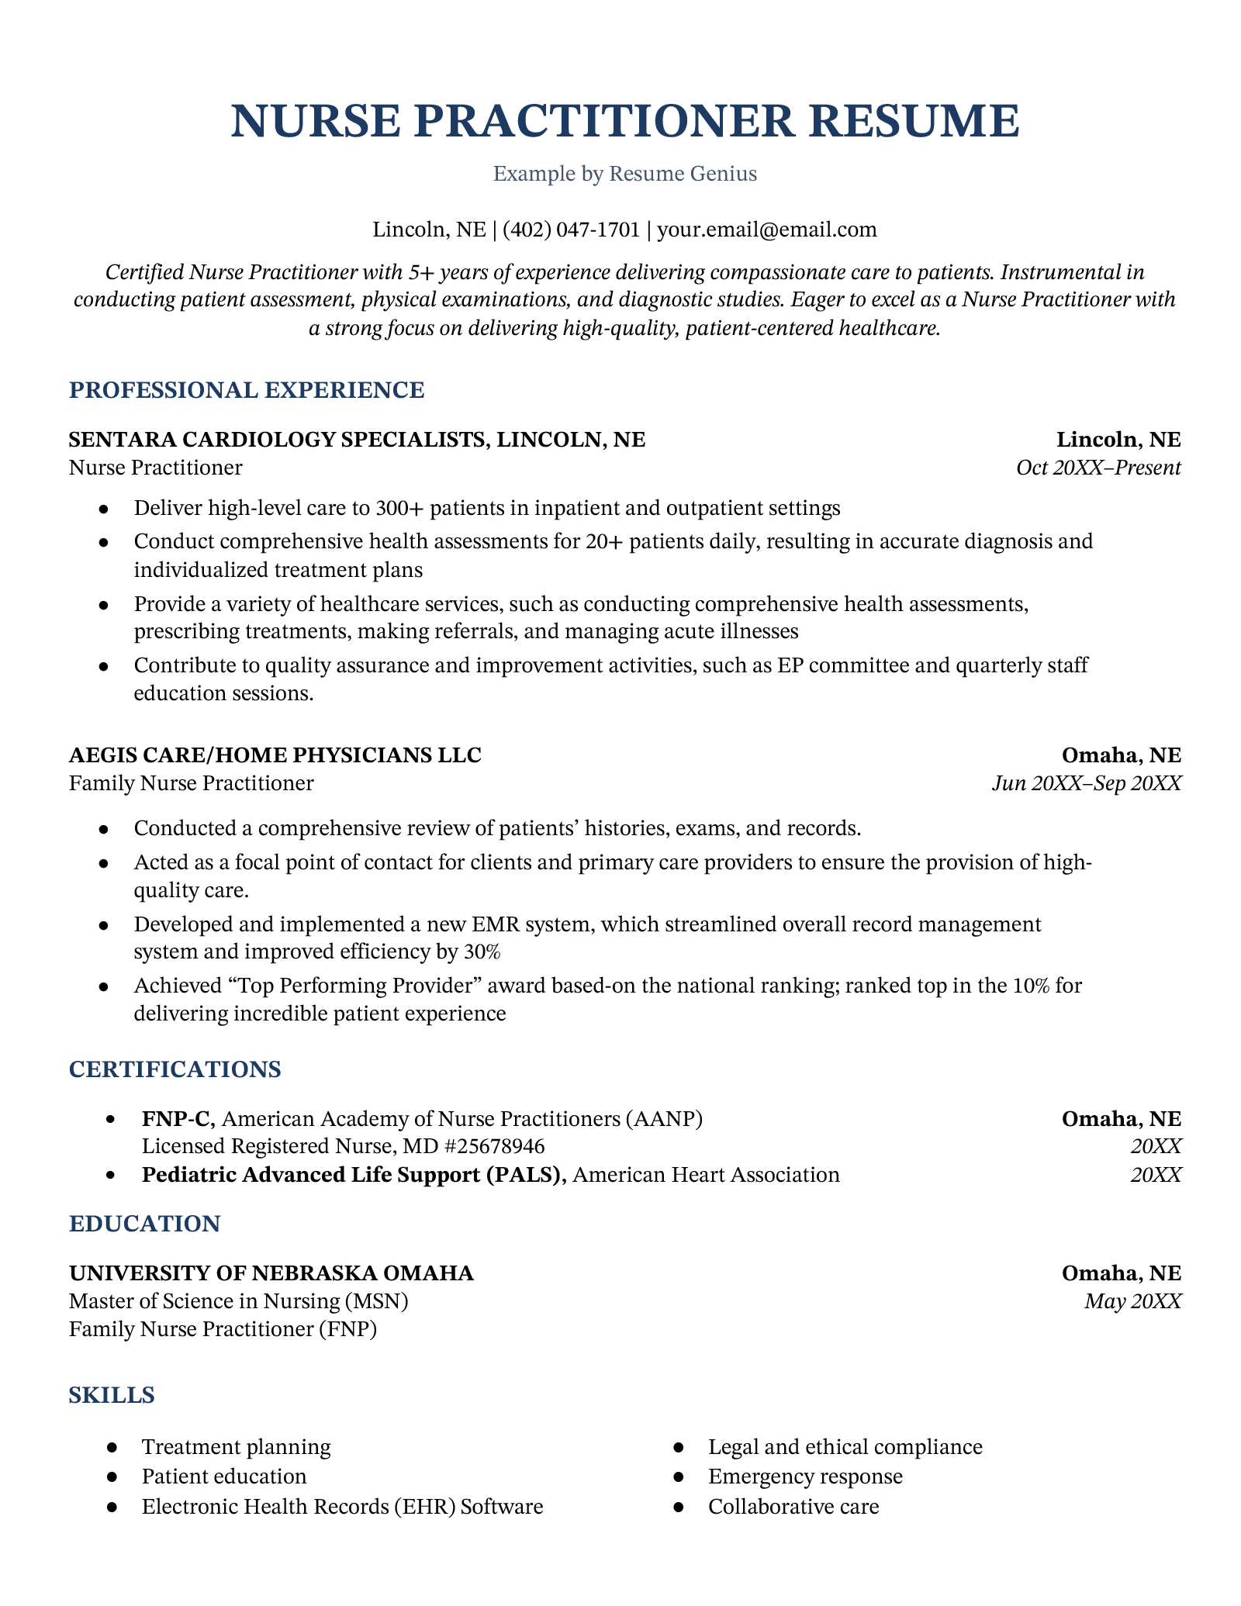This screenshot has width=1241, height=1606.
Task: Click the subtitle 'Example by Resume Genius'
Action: pos(625,174)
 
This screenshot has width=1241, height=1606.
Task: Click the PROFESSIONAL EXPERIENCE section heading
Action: pos(247,390)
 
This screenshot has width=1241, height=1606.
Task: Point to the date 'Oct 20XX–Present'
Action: pos(1098,468)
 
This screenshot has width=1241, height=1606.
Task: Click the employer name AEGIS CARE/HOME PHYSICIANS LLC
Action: pos(275,755)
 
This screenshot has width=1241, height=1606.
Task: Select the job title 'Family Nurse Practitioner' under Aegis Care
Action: pos(192,783)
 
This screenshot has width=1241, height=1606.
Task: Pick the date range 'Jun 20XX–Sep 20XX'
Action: pos(1087,783)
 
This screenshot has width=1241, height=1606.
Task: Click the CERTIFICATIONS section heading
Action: pos(175,1069)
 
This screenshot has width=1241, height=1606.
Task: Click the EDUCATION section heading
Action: pos(145,1224)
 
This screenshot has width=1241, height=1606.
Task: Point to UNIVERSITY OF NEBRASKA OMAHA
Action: pos(271,1273)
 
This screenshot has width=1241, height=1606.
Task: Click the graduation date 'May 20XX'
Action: pos(1132,1301)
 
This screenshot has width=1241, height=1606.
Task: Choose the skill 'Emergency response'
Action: pos(805,1476)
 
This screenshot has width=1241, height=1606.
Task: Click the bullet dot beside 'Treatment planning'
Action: pos(112,1448)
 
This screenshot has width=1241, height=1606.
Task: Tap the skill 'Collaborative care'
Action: pos(793,1507)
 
